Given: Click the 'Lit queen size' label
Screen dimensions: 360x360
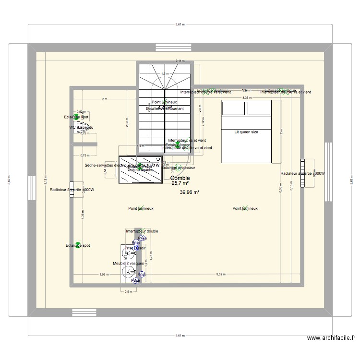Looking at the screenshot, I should tap(246, 132).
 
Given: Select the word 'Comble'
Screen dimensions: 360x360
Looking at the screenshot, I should tap(180, 178).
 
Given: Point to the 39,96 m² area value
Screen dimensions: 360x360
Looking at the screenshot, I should tap(190, 192).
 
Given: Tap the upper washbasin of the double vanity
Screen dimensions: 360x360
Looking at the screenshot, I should tap(129, 253).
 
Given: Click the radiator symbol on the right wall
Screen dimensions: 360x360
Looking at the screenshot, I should tap(302, 173).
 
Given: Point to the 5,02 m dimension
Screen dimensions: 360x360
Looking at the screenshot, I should tap(220, 275).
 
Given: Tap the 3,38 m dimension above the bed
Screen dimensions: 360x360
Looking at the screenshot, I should tap(246, 97).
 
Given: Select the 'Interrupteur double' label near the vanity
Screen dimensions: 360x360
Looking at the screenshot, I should tap(142, 231).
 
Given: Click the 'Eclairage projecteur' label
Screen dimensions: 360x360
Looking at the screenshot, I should tap(178, 168).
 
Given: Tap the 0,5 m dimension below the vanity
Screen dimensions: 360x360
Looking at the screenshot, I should tap(128, 292).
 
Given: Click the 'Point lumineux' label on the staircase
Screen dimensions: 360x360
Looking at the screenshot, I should tap(165, 102).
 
